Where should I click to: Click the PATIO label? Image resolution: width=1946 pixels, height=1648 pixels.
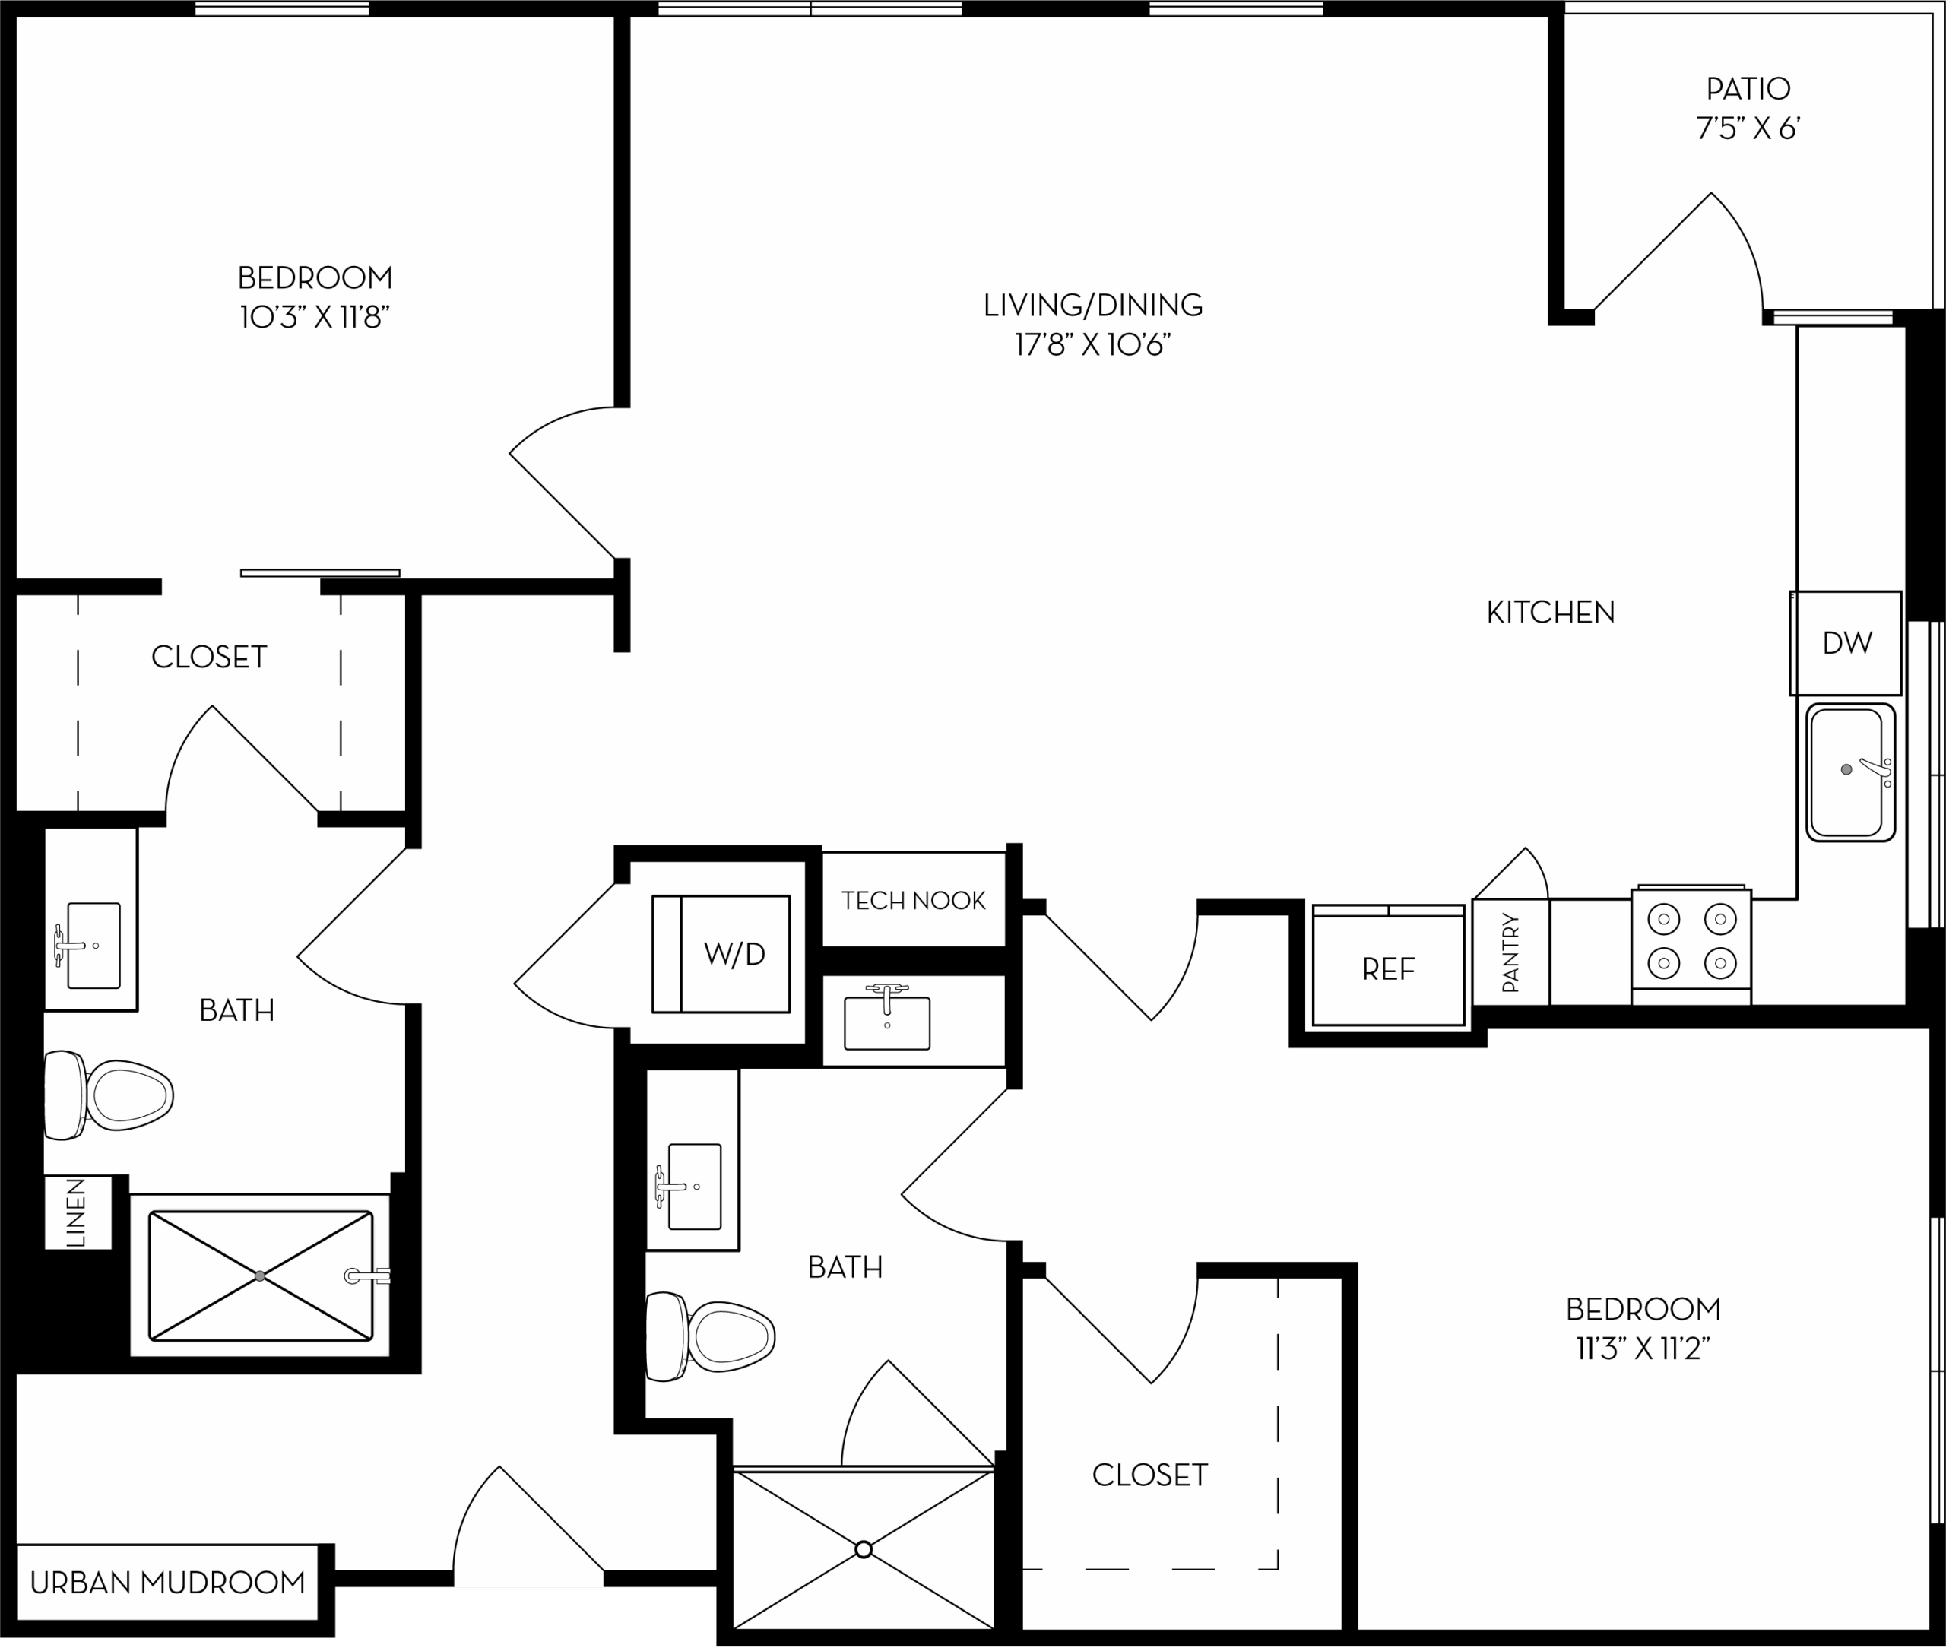click(x=1748, y=89)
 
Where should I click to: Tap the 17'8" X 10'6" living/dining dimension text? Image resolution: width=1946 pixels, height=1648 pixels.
click(x=1093, y=346)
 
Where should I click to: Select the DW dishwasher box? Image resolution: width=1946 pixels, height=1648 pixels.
click(x=1845, y=643)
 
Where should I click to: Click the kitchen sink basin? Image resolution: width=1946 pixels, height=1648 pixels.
click(x=1849, y=772)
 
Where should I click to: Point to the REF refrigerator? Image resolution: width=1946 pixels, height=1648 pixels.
click(x=1388, y=966)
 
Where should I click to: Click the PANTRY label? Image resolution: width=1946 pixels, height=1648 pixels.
click(x=1510, y=953)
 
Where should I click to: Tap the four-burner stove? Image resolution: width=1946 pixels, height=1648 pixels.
click(x=1691, y=943)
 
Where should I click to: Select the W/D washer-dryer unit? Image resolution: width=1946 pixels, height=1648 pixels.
click(x=721, y=954)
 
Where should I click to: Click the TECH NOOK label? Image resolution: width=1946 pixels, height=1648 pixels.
click(x=913, y=901)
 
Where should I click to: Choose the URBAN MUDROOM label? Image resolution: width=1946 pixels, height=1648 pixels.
click(x=168, y=1582)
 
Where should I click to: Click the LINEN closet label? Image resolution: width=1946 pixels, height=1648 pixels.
click(x=77, y=1212)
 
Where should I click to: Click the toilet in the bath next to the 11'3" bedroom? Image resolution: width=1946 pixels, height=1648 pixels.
click(x=710, y=1336)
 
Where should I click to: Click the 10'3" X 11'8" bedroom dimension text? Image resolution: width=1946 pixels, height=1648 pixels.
click(x=314, y=319)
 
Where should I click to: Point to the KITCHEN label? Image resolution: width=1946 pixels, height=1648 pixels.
click(x=1551, y=613)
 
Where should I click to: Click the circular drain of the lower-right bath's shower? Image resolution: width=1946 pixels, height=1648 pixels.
click(x=864, y=1550)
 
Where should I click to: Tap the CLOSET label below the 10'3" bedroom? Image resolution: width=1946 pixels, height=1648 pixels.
click(x=209, y=658)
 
